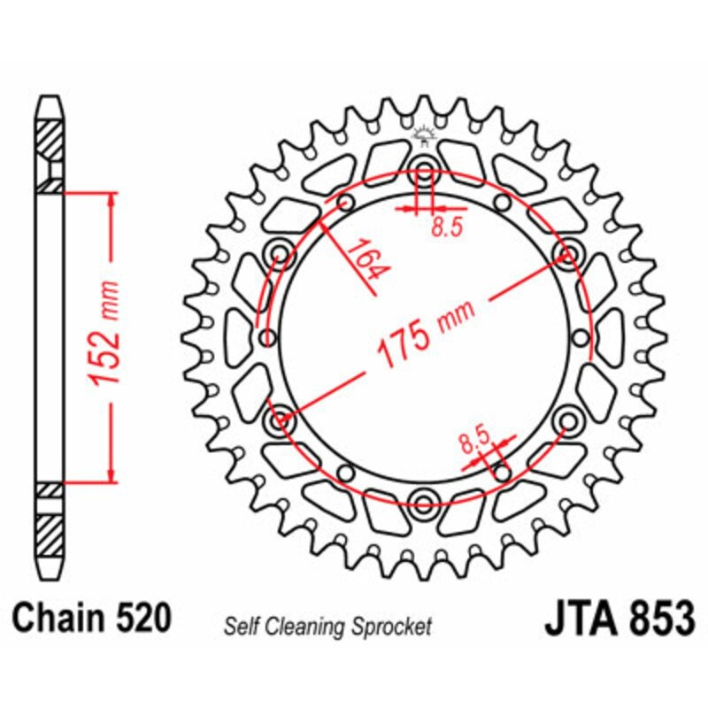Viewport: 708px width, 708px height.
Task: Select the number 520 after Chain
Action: point(142,617)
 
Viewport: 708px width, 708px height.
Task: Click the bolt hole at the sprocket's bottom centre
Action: point(423,505)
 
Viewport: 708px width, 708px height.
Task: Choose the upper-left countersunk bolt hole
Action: point(281,254)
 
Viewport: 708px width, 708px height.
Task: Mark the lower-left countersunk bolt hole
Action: point(281,419)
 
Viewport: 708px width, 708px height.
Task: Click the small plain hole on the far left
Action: point(265,337)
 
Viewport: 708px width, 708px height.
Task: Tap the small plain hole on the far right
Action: point(581,337)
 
